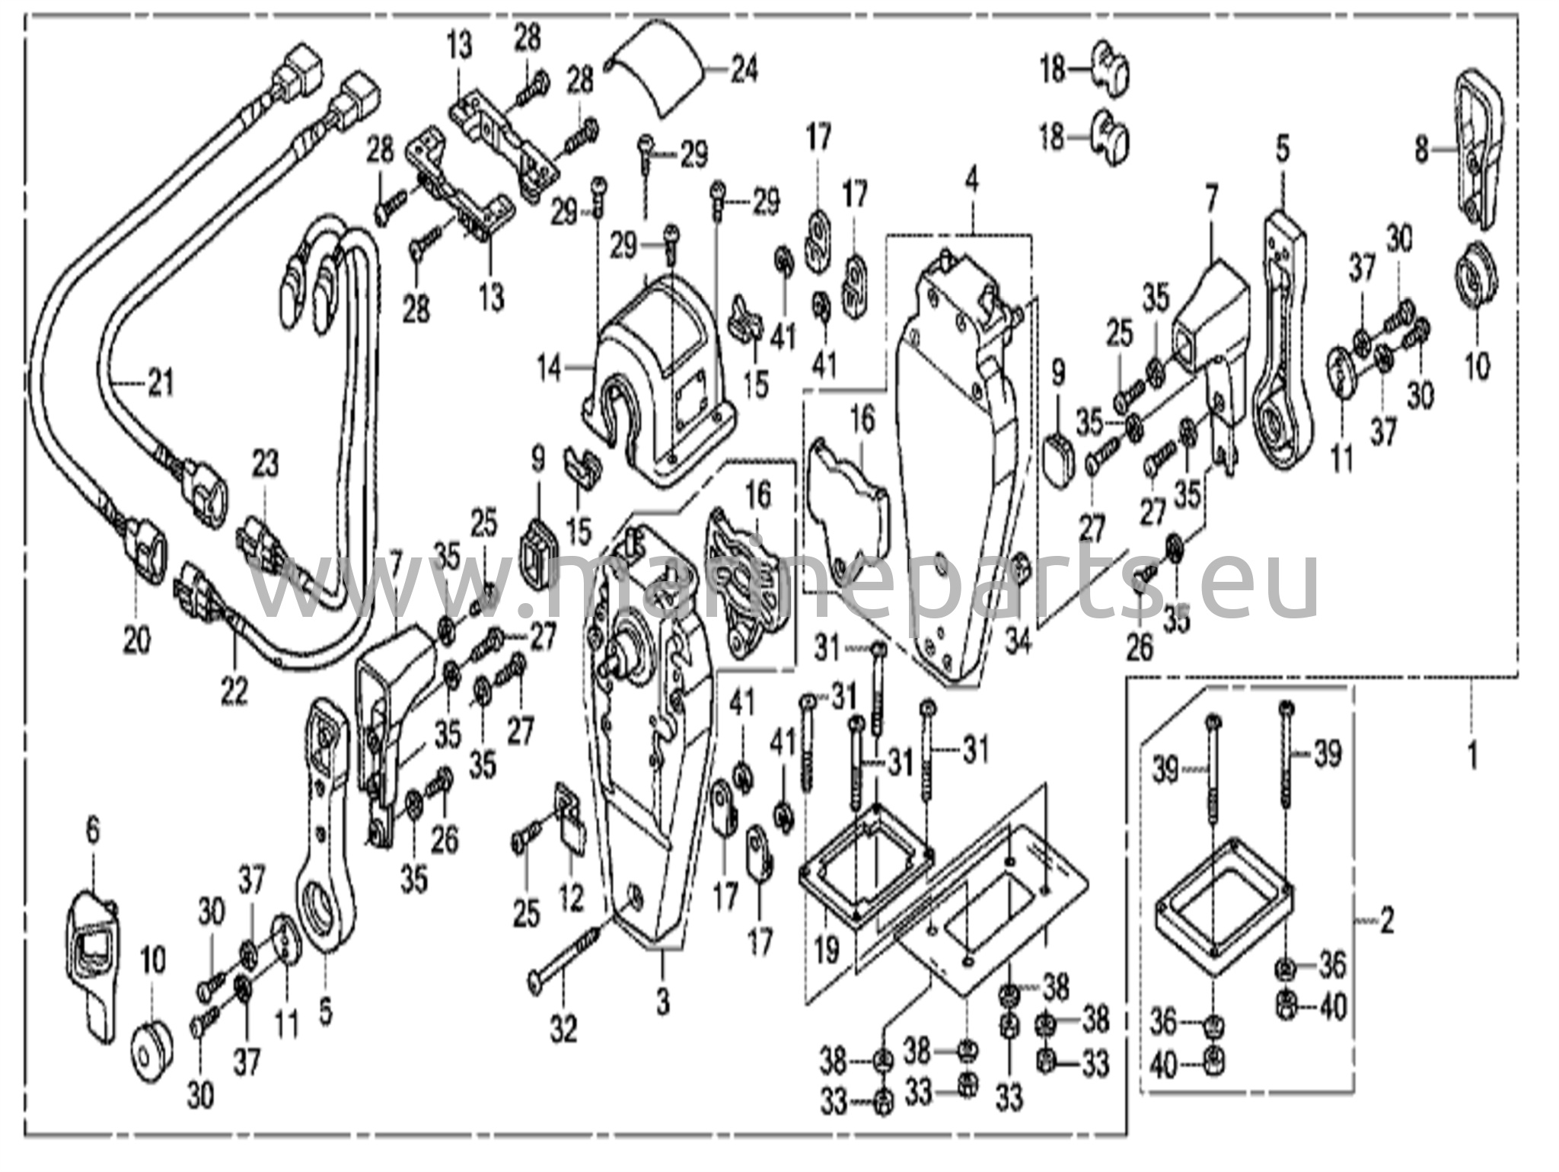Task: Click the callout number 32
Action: [x=564, y=1030]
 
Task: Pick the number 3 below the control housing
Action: [x=662, y=1002]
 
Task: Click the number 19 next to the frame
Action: [x=827, y=949]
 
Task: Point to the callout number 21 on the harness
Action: [x=161, y=382]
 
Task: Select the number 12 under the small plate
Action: [x=571, y=899]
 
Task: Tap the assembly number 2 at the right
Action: [x=1387, y=922]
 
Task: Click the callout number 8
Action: [x=1421, y=150]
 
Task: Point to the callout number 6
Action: [x=93, y=831]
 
